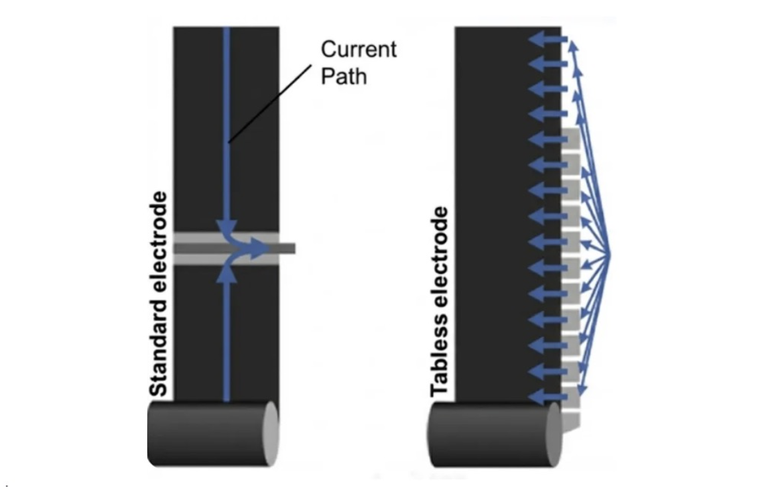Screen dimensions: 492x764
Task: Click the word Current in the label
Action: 358,50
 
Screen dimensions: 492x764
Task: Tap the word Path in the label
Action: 344,76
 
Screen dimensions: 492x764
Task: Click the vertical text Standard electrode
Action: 159,294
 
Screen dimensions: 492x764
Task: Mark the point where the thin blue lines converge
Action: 609,252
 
